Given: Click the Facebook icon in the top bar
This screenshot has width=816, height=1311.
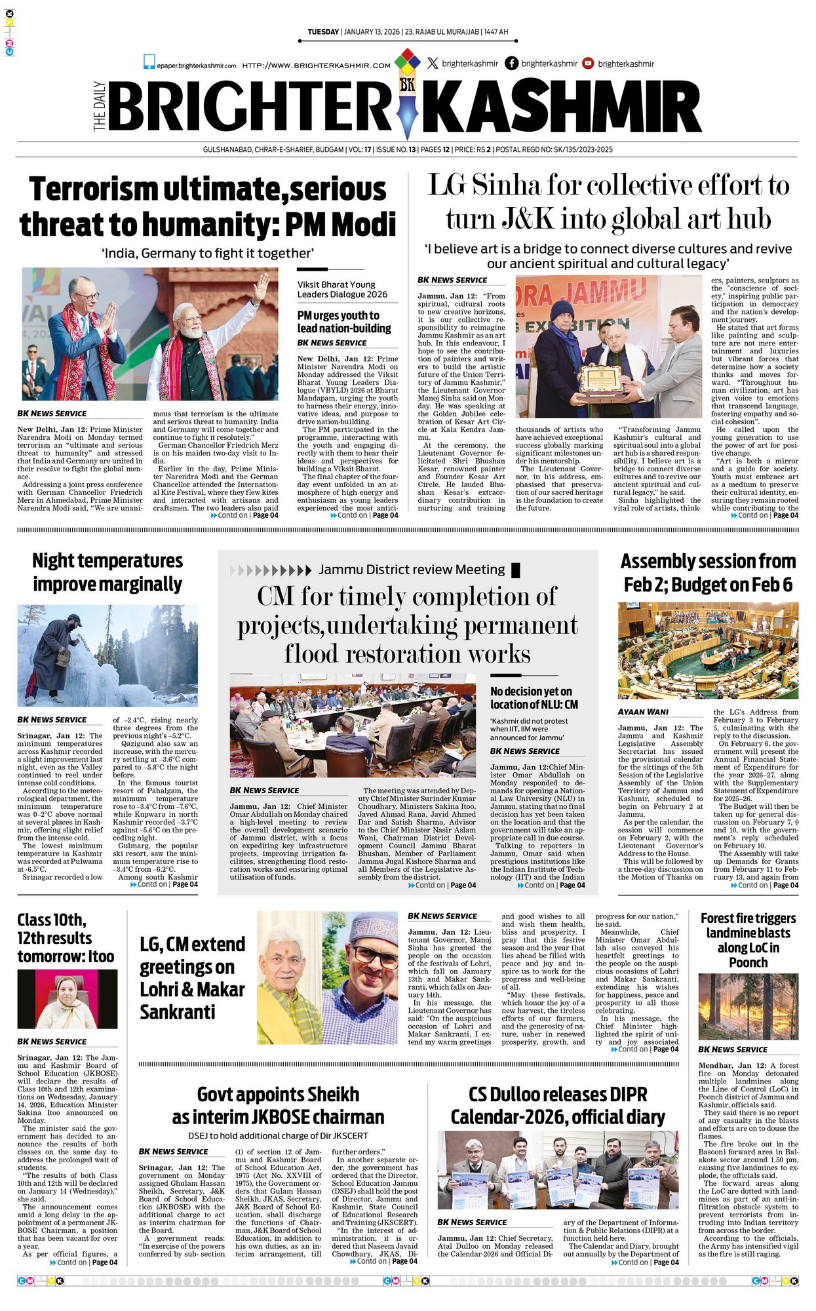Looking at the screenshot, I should (511, 64).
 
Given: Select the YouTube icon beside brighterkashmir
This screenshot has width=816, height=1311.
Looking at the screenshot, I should (588, 64).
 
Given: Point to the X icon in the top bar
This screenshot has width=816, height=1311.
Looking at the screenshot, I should (433, 64).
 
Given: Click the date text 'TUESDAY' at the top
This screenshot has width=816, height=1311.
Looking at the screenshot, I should (323, 32).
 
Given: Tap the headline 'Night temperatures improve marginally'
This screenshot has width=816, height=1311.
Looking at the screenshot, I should (107, 572).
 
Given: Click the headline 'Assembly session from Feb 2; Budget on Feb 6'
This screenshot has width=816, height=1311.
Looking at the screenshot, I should (708, 572).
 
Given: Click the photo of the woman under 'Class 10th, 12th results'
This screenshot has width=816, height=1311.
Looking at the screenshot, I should (67, 1000).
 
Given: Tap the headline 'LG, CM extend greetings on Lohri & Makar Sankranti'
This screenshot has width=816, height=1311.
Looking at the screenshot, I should (192, 978).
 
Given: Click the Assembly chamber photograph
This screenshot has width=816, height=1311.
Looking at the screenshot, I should (708, 651).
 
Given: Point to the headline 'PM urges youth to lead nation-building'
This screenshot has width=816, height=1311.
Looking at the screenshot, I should (344, 321).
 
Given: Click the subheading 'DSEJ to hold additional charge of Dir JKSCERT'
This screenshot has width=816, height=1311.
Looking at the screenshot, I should (278, 1135).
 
